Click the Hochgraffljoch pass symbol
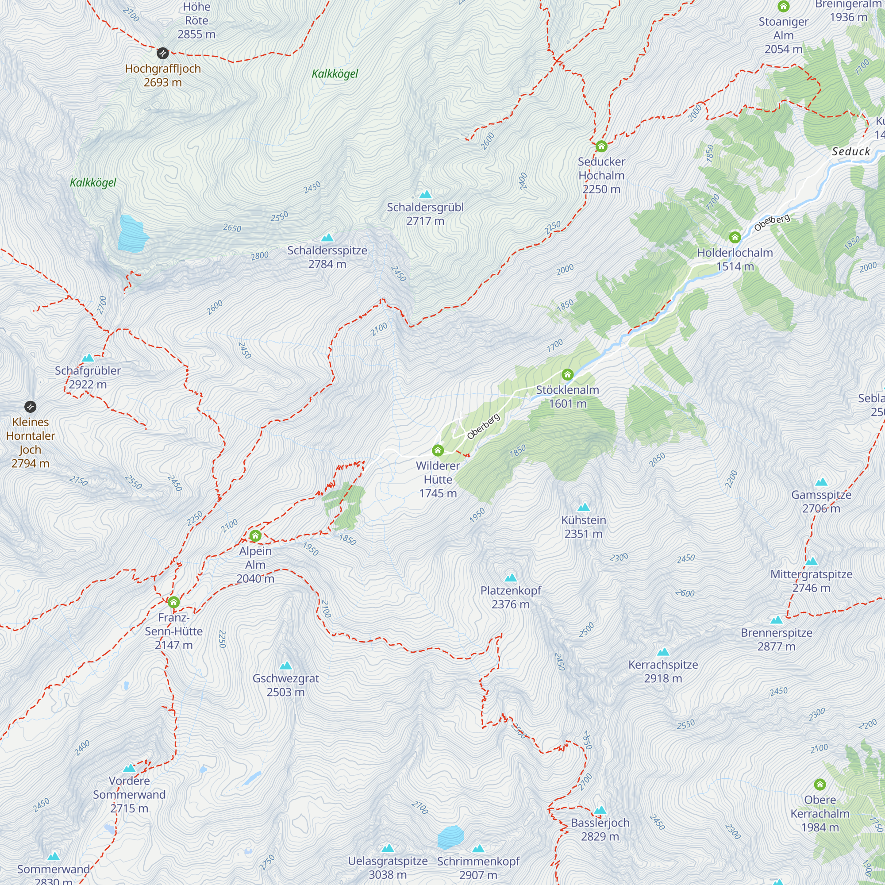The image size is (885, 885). [x=162, y=53]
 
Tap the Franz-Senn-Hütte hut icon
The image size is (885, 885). [x=173, y=602]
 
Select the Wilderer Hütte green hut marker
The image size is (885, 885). [x=438, y=450]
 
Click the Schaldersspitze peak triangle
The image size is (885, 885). [x=327, y=238]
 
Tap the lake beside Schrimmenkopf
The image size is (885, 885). [x=450, y=837]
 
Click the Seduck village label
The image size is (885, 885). [x=850, y=152]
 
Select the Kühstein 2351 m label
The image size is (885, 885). [x=583, y=527]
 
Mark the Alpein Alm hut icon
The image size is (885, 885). [x=255, y=535]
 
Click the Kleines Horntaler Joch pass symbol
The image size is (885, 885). [x=30, y=407]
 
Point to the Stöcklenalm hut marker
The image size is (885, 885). [x=568, y=375]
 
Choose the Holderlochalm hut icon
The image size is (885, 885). [x=735, y=237]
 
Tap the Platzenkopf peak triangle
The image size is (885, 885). [x=510, y=578]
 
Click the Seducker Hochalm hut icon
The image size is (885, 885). [x=601, y=146]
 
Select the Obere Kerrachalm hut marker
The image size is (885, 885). [x=820, y=785]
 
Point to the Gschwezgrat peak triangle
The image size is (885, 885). [x=285, y=666]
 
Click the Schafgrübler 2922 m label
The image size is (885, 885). [x=88, y=377]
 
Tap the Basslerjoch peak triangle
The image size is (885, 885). [x=600, y=810]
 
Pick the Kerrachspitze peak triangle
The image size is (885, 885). [x=663, y=652]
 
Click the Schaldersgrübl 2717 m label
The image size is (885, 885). [x=425, y=214]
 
